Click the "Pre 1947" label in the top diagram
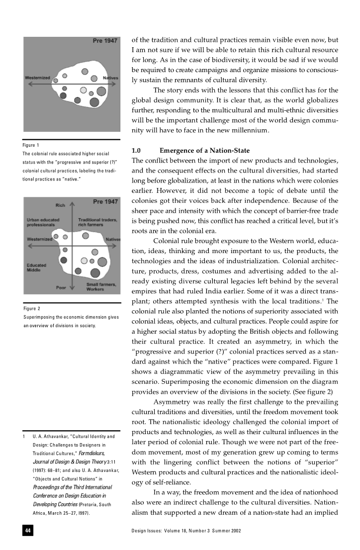[105, 40]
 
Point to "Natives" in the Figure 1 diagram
[110, 78]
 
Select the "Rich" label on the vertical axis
[61, 205]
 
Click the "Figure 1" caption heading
[31, 145]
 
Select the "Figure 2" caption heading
[32, 309]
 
